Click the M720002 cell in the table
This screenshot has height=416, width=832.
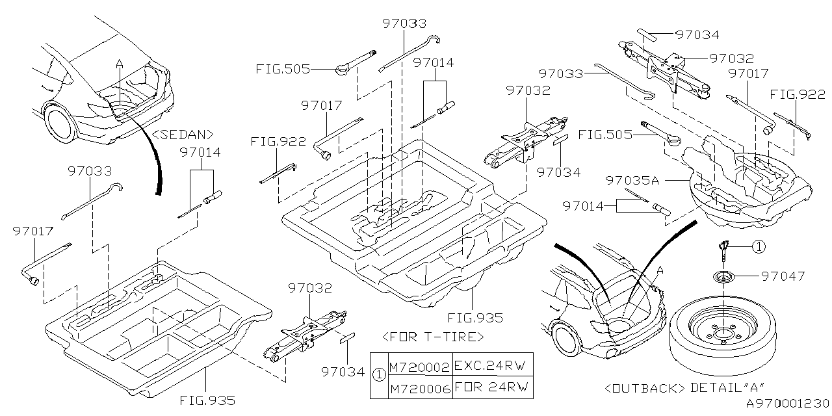point(420,367)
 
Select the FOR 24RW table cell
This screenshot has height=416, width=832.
point(492,387)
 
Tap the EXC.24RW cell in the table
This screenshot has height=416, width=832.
point(492,366)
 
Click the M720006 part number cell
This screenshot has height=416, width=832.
point(420,389)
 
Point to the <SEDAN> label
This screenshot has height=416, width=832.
point(183,135)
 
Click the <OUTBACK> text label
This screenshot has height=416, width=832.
point(644,389)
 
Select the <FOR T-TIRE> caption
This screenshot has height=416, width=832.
point(433,337)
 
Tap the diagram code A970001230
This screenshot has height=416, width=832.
point(788,404)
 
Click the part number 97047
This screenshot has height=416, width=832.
point(783,276)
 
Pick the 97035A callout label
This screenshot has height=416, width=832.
point(632,181)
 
